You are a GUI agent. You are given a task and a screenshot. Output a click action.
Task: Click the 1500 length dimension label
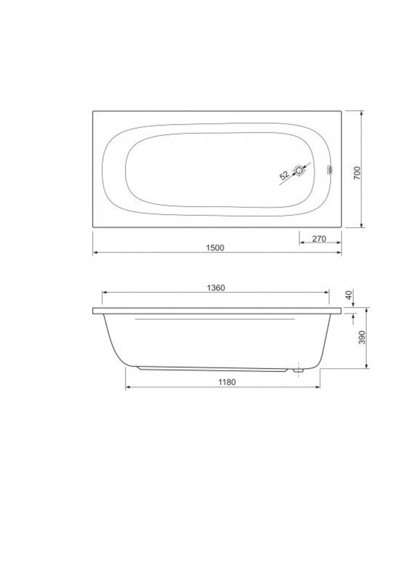[215, 248]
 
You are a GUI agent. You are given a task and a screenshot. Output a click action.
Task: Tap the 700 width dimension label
[357, 173]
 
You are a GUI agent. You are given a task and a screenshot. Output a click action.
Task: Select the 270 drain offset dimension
[319, 239]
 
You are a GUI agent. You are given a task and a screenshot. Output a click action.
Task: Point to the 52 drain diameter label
[284, 176]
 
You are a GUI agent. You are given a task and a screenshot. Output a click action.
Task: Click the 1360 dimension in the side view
[216, 287]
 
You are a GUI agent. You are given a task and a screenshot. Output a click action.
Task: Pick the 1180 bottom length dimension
[226, 382]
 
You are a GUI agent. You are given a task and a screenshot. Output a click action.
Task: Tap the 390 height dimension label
[363, 337]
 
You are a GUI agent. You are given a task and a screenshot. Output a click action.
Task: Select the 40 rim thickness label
[349, 295]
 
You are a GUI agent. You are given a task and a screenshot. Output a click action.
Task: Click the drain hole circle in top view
[299, 171]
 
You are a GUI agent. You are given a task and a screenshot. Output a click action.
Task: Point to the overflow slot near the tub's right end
[330, 169]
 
